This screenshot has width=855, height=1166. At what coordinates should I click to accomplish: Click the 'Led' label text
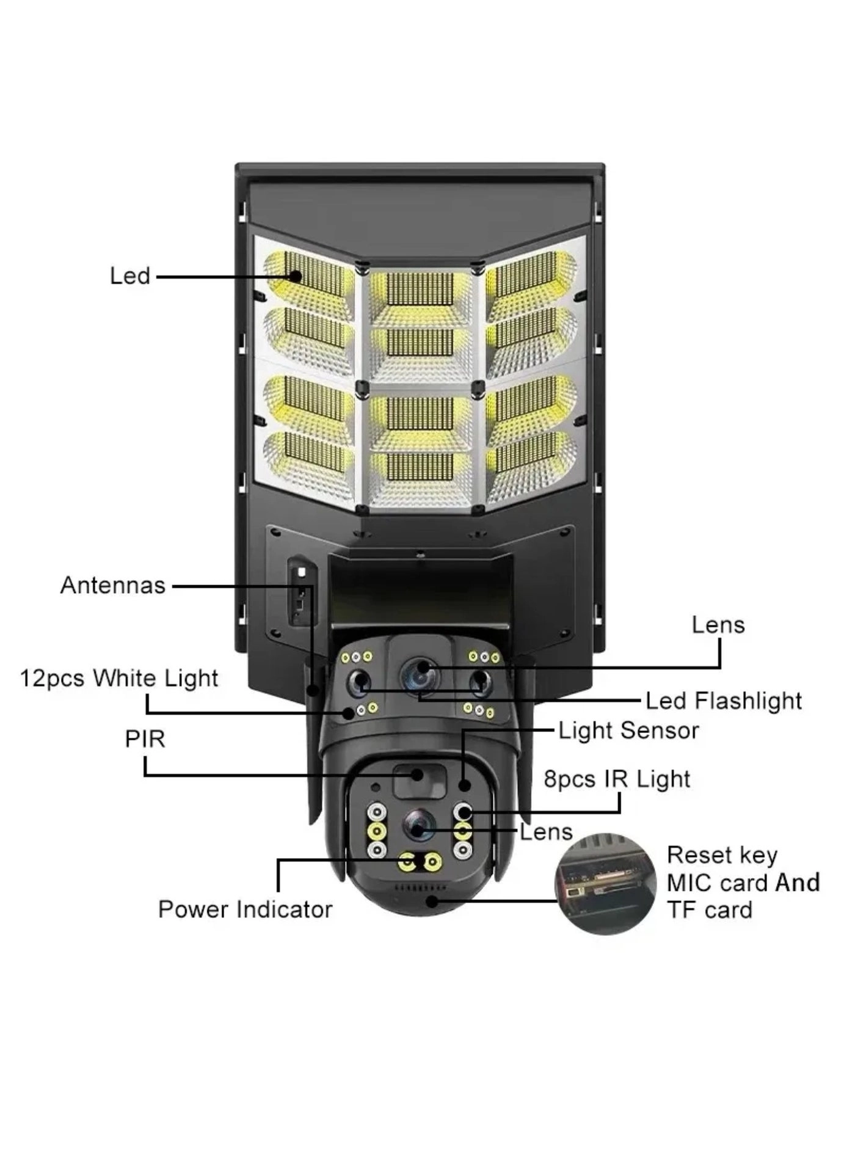pyautogui.click(x=130, y=276)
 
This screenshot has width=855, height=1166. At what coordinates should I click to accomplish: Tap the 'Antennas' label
pyautogui.click(x=113, y=585)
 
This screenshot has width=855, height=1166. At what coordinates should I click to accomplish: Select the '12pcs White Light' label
pyautogui.click(x=119, y=679)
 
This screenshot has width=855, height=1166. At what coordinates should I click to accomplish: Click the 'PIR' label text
pyautogui.click(x=145, y=739)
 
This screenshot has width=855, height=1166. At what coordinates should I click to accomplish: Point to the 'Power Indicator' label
pyautogui.click(x=245, y=909)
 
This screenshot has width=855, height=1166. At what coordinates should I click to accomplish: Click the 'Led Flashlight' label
pyautogui.click(x=724, y=701)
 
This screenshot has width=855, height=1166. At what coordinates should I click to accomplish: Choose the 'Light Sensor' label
pyautogui.click(x=628, y=731)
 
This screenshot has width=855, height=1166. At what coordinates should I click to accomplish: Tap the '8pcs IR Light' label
pyautogui.click(x=617, y=779)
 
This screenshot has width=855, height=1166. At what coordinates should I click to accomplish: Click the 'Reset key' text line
pyautogui.click(x=722, y=855)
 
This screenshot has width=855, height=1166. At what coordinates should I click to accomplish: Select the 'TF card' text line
pyautogui.click(x=709, y=911)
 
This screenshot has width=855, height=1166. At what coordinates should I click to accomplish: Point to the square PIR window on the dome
pyautogui.click(x=417, y=779)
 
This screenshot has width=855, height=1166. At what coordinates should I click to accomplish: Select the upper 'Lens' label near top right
pyautogui.click(x=718, y=625)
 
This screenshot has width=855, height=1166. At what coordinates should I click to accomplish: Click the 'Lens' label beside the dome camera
pyautogui.click(x=546, y=833)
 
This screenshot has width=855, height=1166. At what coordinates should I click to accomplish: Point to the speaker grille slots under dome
pyautogui.click(x=420, y=887)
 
